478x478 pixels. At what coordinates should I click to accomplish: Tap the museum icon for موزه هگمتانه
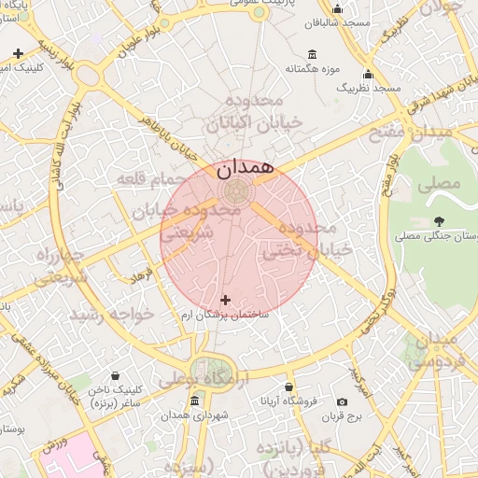tap(311, 53)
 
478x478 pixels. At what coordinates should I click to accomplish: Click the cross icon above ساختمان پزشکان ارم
tap(225, 300)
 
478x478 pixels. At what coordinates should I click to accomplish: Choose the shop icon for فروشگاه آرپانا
tap(289, 386)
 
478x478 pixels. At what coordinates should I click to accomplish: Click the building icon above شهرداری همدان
tap(194, 401)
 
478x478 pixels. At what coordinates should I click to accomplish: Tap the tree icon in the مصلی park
tap(438, 221)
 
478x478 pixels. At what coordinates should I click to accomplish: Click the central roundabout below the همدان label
tap(236, 191)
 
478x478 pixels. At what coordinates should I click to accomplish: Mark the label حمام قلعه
tap(151, 176)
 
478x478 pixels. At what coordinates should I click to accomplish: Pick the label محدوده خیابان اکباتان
tap(252, 111)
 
